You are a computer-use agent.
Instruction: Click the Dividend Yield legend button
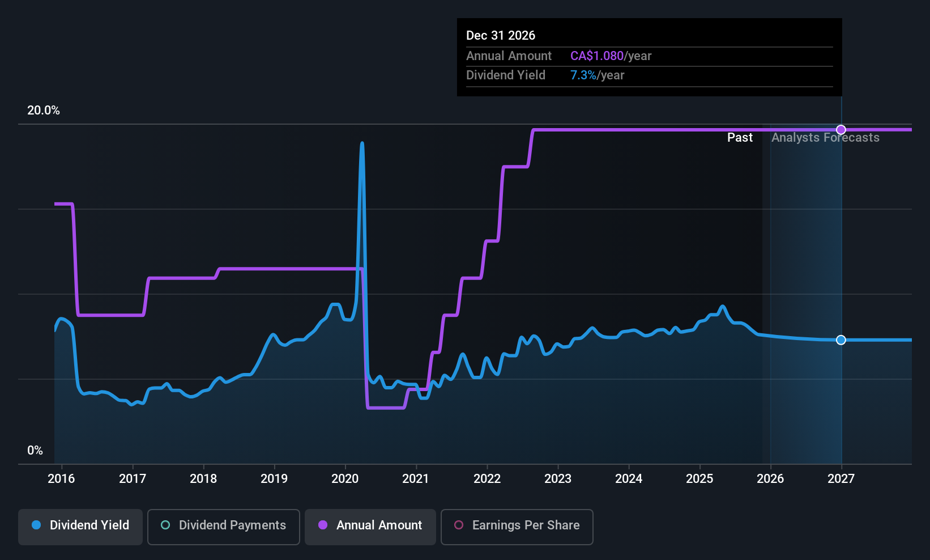point(80,525)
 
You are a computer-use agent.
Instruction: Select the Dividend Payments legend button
point(224,525)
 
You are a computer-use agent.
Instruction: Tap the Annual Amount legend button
point(370,525)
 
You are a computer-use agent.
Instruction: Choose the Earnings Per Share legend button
point(517,525)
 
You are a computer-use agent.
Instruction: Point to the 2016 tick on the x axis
point(61,479)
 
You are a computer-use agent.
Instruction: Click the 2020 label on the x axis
point(345,479)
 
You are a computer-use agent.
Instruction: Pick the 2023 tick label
point(558,479)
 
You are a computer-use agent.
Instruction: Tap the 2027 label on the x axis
point(841,479)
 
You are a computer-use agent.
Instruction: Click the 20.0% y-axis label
point(44,111)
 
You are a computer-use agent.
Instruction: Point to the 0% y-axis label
point(35,451)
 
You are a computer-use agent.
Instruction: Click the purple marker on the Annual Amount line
point(841,130)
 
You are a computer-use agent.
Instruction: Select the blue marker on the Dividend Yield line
point(841,340)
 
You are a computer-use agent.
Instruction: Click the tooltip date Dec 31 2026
point(501,36)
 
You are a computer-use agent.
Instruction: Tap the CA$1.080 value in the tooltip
point(596,56)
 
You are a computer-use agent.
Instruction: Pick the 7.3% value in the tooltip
point(583,75)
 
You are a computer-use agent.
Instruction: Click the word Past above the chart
point(740,138)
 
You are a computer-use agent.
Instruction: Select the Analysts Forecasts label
point(825,138)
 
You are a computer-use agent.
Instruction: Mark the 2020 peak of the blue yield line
point(362,144)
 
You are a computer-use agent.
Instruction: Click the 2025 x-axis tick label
point(699,479)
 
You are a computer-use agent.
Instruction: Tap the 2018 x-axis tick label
point(203,479)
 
